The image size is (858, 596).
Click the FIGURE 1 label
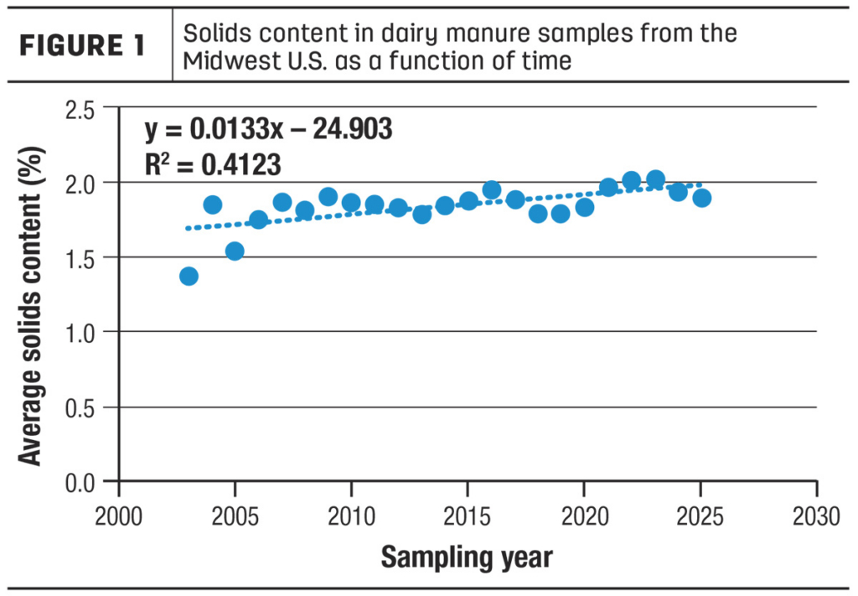(82, 46)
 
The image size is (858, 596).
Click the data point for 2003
(189, 277)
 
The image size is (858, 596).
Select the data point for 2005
(235, 251)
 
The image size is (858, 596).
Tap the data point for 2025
(702, 198)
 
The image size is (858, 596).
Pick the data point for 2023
(656, 179)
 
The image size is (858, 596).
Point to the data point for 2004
(212, 205)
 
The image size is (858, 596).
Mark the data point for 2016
(492, 190)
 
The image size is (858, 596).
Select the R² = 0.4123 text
(213, 164)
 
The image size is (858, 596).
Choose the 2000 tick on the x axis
(118, 514)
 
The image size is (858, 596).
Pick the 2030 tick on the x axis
(816, 514)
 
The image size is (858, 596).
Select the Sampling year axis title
(467, 556)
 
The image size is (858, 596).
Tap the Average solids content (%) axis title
(31, 295)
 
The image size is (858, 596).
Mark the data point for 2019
(561, 213)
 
